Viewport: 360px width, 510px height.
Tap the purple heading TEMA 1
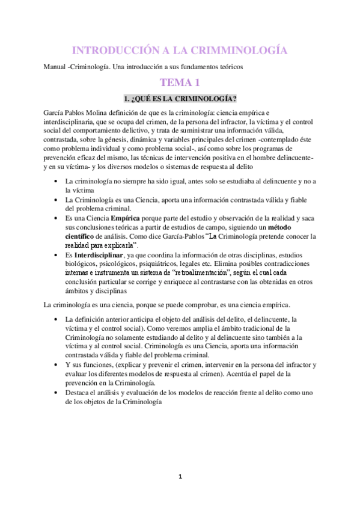click(x=180, y=82)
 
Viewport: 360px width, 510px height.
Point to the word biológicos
click(x=86, y=263)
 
